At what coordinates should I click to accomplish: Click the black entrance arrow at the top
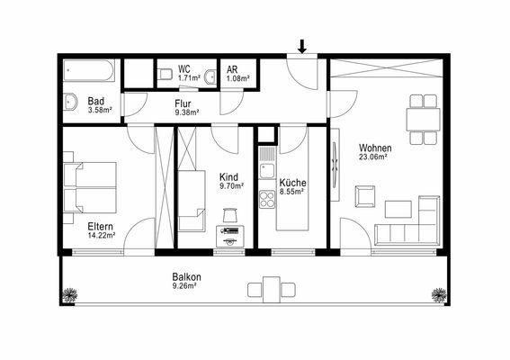coord(302,46)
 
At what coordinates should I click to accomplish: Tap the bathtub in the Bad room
coord(88,70)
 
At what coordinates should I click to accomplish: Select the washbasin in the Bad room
coord(70,102)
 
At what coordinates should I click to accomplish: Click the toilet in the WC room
coord(166,74)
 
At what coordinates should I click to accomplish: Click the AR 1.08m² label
coord(237,74)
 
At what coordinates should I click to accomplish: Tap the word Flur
coord(183,103)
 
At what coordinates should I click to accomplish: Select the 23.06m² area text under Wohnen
coord(372,157)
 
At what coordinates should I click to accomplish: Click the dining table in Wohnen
coord(423,120)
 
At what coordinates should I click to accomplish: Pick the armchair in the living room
coord(365,196)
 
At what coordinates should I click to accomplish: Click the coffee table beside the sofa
coord(398,210)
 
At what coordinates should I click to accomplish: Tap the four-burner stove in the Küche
coord(267,200)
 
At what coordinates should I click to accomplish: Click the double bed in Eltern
coord(90,187)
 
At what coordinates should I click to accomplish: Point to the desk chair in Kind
coord(230,215)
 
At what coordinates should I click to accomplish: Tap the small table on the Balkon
coord(272,290)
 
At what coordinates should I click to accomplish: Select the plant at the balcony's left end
coord(69,295)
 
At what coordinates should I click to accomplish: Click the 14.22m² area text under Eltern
coord(102,235)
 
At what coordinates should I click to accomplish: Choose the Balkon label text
coord(186,277)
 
